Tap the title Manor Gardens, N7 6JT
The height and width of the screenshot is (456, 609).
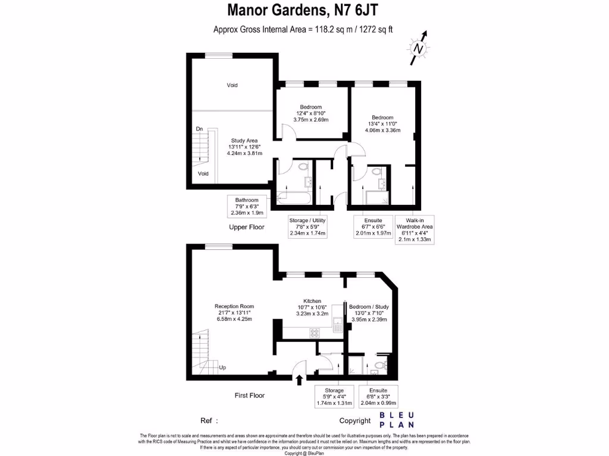(303, 10)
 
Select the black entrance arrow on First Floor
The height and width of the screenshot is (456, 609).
(299, 378)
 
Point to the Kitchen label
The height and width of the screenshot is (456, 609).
(312, 307)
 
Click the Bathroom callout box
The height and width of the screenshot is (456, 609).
(246, 206)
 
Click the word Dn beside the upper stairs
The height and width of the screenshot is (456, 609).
(199, 129)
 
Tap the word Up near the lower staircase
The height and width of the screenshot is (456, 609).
(222, 367)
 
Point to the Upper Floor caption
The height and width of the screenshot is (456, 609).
(247, 227)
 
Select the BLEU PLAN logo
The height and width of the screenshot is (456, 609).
(397, 420)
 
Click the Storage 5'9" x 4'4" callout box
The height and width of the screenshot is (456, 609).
(334, 396)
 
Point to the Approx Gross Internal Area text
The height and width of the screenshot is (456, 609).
(303, 29)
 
